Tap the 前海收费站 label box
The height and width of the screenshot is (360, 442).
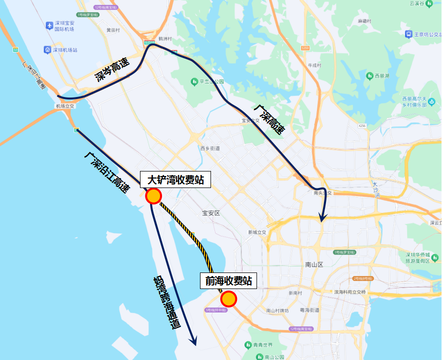pyautogui.click(x=228, y=281)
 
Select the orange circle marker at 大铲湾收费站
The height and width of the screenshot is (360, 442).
pyautogui.click(x=153, y=196)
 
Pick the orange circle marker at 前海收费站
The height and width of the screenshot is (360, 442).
pyautogui.click(x=228, y=298)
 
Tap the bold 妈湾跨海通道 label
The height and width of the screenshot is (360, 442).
pyautogui.click(x=166, y=302)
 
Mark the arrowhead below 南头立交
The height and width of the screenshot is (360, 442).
pyautogui.click(x=323, y=217)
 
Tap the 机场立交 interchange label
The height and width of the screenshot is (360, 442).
pyautogui.click(x=64, y=106)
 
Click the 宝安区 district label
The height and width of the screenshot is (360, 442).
pyautogui.click(x=211, y=213)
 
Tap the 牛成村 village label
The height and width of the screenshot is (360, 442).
pyautogui.click(x=314, y=65)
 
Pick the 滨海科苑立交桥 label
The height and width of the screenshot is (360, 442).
pyautogui.click(x=350, y=291)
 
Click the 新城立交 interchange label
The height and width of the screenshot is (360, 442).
pyautogui.click(x=257, y=232)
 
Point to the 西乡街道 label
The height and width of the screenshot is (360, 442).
pyautogui.click(x=210, y=148)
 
